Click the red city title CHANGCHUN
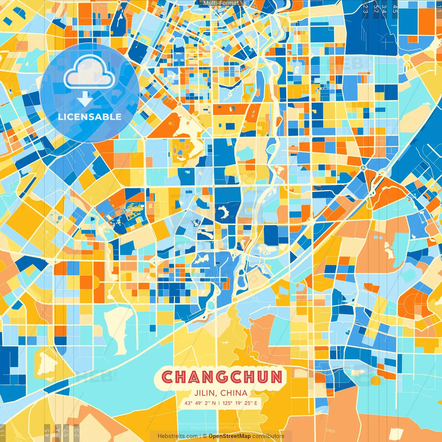(x=222, y=377)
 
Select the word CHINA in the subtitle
(x=234, y=393)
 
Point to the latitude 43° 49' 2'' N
(x=200, y=403)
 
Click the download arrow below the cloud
(x=85, y=99)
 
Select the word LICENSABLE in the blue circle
(x=90, y=117)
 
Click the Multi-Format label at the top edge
(x=221, y=3)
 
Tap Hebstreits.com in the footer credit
(x=177, y=436)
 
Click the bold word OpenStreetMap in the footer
(x=230, y=436)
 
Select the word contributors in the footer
(x=268, y=436)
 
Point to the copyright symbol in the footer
(x=204, y=436)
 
